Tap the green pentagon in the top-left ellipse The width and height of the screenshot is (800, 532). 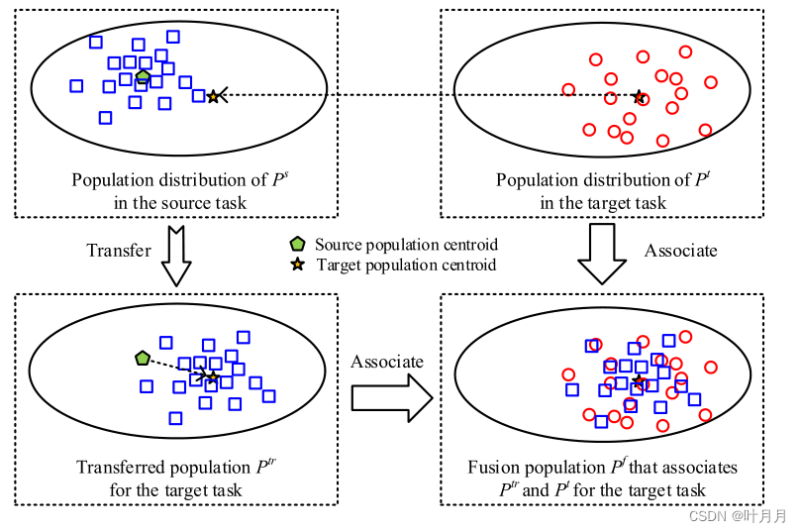tap(144, 76)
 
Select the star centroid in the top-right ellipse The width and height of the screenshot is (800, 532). tap(639, 97)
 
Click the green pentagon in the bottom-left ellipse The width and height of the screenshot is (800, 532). tap(142, 357)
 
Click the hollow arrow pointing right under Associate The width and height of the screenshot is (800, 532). tap(392, 399)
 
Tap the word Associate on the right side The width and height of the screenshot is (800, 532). tap(680, 250)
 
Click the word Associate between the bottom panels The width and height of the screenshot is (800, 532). tap(386, 363)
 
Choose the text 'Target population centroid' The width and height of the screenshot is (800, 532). tap(406, 265)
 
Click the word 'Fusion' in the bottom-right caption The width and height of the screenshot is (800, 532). tap(492, 468)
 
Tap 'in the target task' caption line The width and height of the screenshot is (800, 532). tap(603, 203)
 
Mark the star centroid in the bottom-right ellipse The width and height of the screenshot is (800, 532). tap(639, 381)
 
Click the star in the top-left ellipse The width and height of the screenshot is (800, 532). tap(213, 96)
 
